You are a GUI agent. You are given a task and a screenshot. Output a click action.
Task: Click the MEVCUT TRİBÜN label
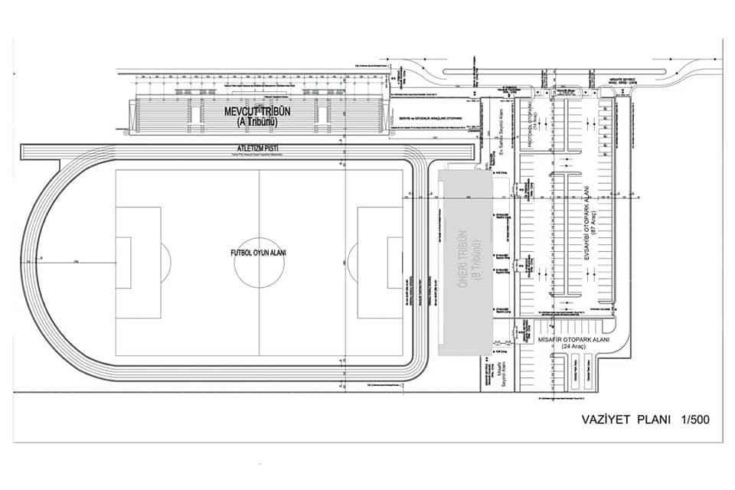pos(257,111)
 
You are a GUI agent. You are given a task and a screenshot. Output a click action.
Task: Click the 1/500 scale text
pos(691,420)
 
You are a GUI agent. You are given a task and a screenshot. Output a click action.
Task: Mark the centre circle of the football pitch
pos(259,262)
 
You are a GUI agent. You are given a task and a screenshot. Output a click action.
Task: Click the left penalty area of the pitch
pos(139,262)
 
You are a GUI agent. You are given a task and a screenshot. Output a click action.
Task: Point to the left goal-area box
pos(123,262)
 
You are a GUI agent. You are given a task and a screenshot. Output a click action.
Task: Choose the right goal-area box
pos(395,262)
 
